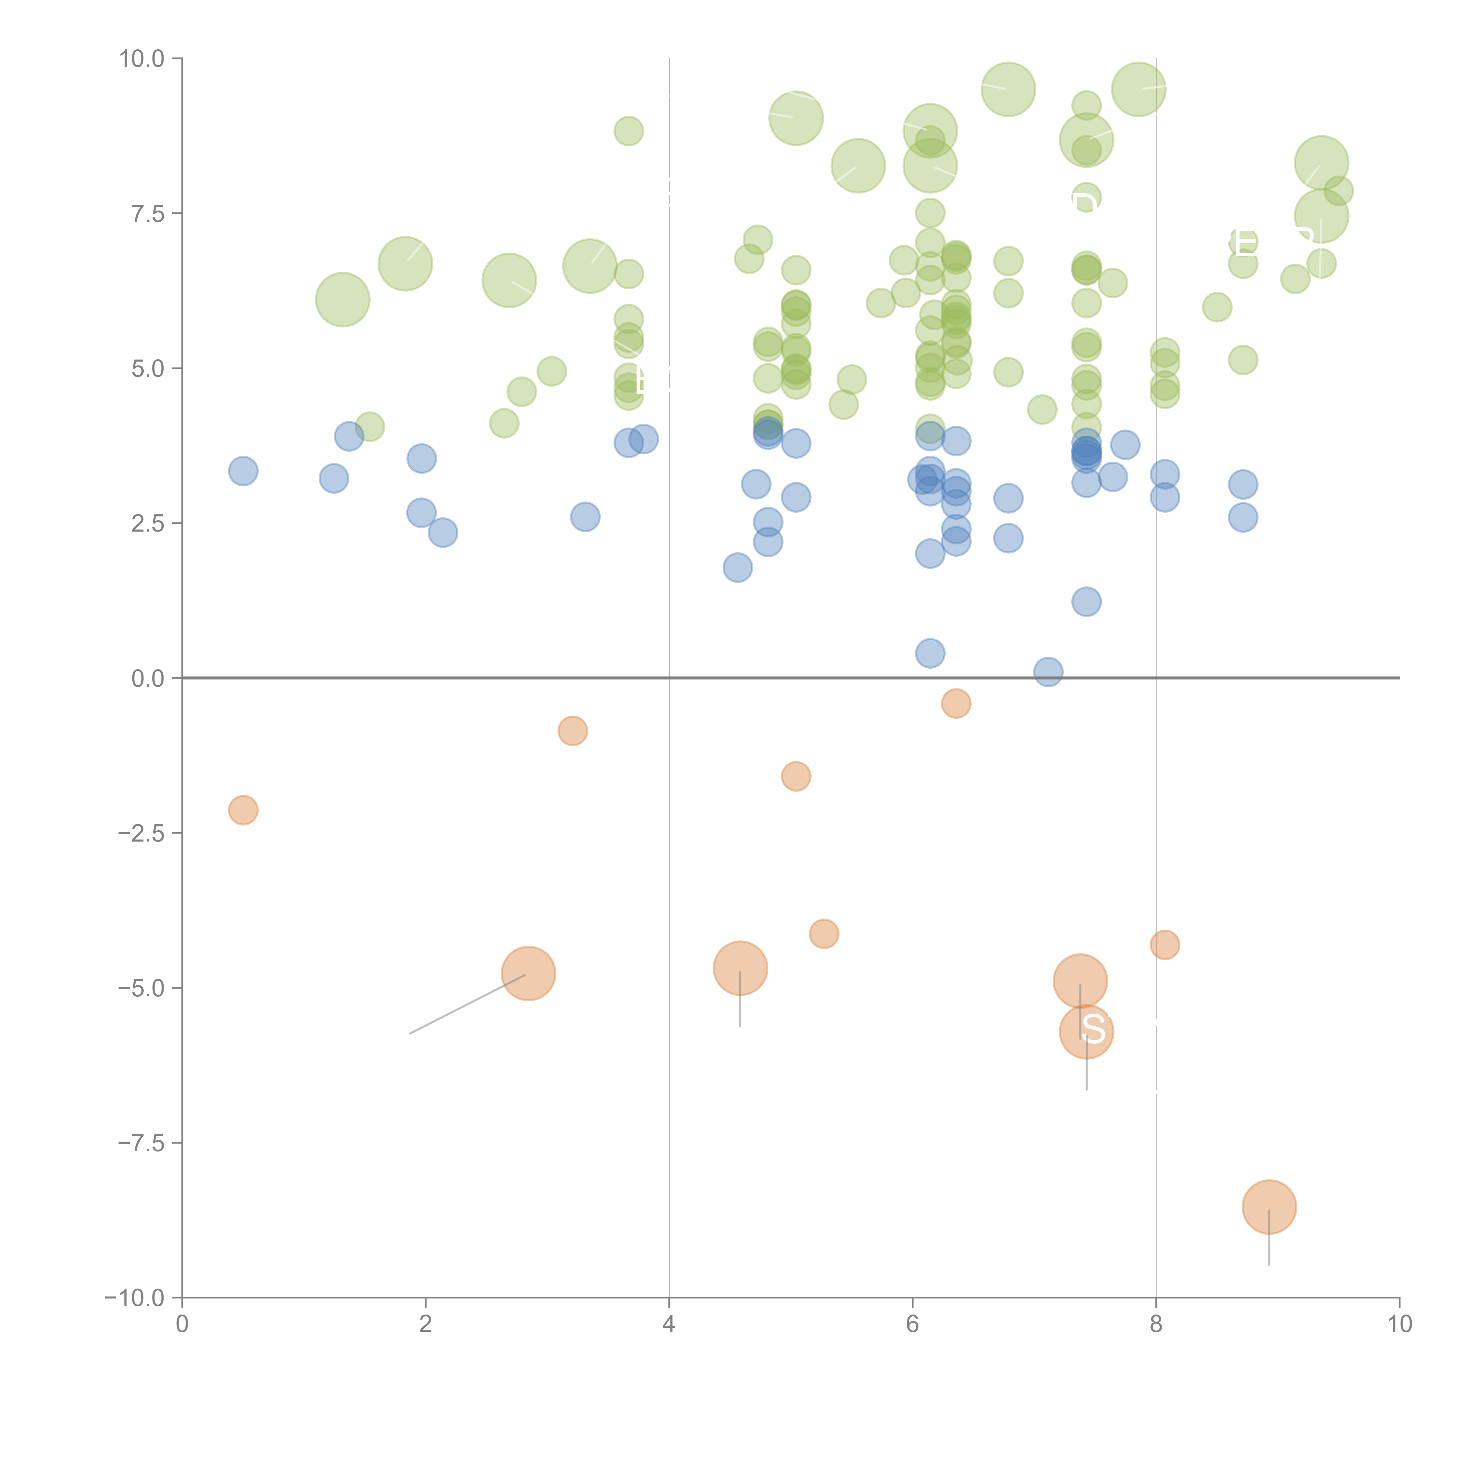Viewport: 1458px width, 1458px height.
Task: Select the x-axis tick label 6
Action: tap(912, 1324)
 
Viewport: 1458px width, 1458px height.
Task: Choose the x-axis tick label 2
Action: tap(426, 1324)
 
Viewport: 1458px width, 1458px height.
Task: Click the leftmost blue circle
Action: tap(243, 471)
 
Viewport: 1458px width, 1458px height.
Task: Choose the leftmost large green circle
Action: tap(343, 299)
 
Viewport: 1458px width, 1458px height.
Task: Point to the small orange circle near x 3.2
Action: tap(573, 730)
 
